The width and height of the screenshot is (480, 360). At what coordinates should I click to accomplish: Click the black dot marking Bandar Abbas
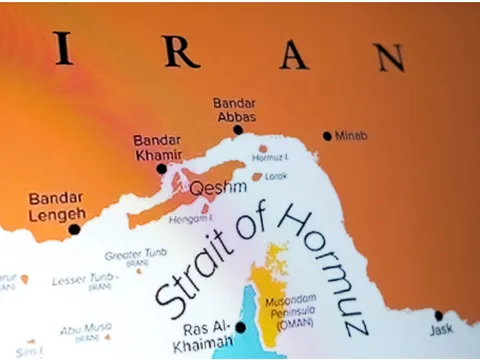(238, 129)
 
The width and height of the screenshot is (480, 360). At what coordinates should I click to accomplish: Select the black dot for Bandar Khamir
(162, 169)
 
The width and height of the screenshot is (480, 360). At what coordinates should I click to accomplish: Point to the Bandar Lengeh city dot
(74, 229)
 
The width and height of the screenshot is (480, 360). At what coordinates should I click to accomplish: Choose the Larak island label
(275, 176)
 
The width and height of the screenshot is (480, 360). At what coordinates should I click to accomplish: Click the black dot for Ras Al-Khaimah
(240, 326)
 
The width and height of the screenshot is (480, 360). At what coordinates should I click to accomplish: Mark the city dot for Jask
(438, 316)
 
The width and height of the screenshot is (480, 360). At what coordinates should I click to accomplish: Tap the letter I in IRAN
(64, 46)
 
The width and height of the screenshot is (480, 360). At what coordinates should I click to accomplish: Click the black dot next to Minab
(326, 136)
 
